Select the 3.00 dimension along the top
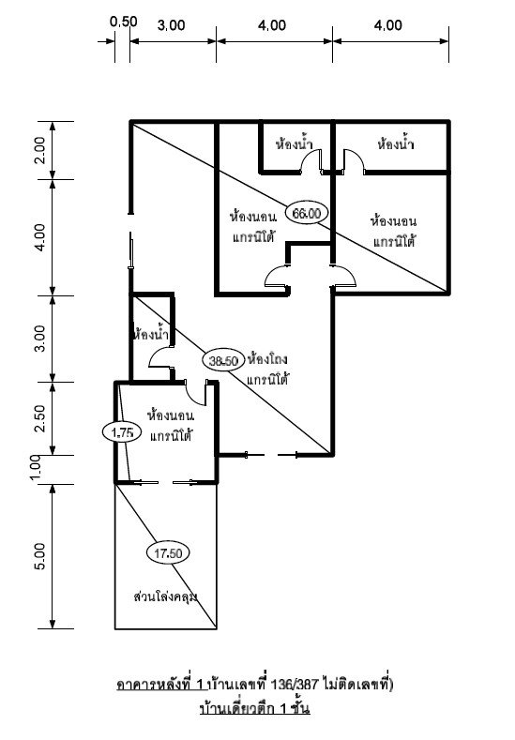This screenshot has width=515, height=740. coord(171,26)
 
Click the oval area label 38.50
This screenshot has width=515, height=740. coord(222,360)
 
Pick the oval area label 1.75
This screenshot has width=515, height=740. coord(120,431)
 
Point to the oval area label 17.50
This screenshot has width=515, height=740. coord(168,553)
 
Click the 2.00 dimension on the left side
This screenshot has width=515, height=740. coord(38,149)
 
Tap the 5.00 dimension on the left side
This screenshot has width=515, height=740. coord(38,556)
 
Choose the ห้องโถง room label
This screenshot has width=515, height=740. coord(266,359)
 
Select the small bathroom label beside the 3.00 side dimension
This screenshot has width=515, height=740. coord(151,333)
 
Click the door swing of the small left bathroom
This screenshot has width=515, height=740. coord(160,357)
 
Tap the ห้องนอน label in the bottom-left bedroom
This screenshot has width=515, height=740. coord(171,414)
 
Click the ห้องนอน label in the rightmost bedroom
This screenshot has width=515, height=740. coord(394,220)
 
